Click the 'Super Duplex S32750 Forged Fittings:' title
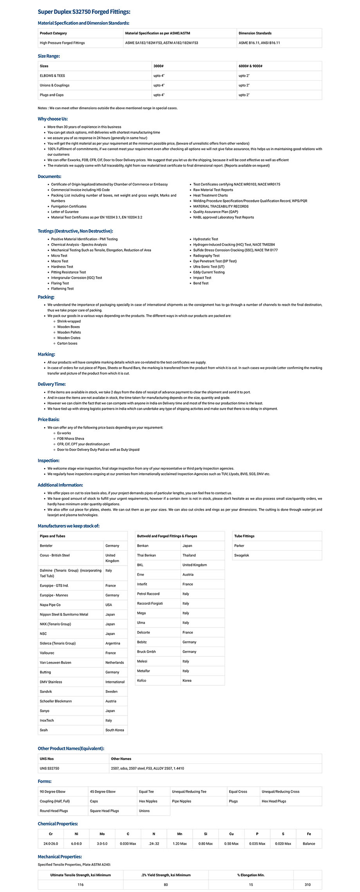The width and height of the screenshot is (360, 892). click(x=84, y=12)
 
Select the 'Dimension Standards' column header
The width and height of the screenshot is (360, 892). click(x=255, y=33)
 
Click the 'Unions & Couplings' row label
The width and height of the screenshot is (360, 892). click(x=54, y=85)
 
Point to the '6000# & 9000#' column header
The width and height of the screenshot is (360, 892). click(x=250, y=66)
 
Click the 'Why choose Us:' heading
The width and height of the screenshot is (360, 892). click(x=53, y=119)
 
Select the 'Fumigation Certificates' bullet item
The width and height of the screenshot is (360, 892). click(x=69, y=206)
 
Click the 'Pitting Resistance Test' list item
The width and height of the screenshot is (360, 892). click(x=68, y=272)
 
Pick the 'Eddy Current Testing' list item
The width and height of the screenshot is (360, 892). click(x=209, y=272)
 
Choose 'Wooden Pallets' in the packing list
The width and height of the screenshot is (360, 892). click(x=69, y=332)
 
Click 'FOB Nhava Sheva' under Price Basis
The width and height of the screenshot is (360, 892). click(x=70, y=439)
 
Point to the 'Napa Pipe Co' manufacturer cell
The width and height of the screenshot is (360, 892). click(x=50, y=605)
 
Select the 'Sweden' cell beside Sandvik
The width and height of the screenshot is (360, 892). click(x=112, y=692)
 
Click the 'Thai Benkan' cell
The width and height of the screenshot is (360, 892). click(x=146, y=555)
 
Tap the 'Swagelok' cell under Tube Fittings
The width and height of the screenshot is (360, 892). click(x=241, y=555)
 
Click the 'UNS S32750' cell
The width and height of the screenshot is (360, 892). click(x=49, y=768)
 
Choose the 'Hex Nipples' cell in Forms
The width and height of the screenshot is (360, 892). click(x=148, y=801)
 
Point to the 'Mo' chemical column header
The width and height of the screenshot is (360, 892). click(x=102, y=834)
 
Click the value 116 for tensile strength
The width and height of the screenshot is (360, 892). click(x=81, y=885)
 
